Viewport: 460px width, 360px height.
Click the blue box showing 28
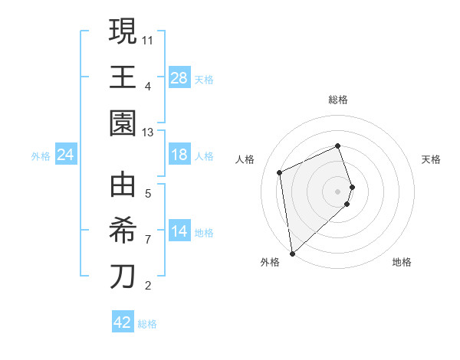(x=179, y=78)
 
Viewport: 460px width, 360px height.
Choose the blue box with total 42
(x=123, y=322)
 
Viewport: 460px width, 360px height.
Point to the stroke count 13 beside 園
(x=149, y=133)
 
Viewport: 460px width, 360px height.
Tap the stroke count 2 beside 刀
(x=148, y=286)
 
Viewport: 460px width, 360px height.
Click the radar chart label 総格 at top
(x=338, y=100)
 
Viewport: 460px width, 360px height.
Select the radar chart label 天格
(x=432, y=159)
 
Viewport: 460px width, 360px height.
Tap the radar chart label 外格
(x=270, y=262)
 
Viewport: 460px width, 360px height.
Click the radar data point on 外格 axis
(x=292, y=253)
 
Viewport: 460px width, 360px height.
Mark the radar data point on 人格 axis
(x=280, y=172)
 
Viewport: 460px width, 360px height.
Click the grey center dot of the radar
(x=338, y=190)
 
